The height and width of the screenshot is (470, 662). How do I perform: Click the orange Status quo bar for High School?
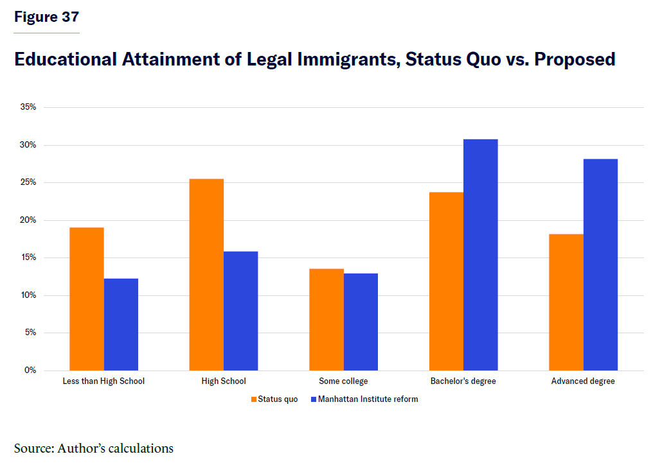(x=206, y=275)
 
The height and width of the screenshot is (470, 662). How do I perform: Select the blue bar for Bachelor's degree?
(x=480, y=255)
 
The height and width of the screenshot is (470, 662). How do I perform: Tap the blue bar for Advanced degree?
(x=600, y=265)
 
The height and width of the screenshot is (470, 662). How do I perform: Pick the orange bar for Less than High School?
(x=87, y=299)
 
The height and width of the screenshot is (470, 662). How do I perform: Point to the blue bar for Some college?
(x=361, y=322)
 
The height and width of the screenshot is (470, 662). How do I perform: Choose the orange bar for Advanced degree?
(x=566, y=302)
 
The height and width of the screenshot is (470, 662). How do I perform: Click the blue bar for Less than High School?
(x=121, y=324)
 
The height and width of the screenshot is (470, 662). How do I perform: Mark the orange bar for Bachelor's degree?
(x=446, y=281)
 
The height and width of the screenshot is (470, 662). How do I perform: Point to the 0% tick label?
(x=30, y=370)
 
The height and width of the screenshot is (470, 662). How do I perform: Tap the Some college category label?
(x=343, y=381)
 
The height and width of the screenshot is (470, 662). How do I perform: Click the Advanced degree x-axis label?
(x=583, y=381)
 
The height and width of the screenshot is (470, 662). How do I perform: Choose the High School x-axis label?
(x=224, y=381)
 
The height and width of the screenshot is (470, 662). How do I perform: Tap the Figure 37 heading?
(x=46, y=17)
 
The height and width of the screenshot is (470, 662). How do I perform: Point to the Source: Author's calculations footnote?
(x=94, y=448)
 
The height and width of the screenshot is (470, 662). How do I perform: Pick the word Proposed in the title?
(x=575, y=60)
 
